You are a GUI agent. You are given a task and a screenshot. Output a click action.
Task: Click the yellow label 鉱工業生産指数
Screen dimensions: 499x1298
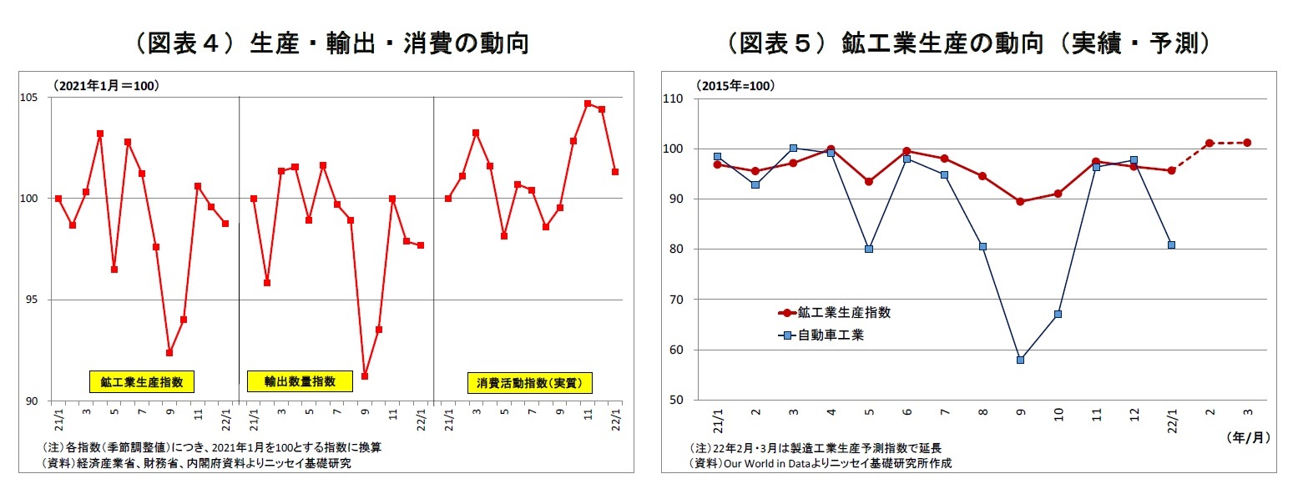pos(141,382)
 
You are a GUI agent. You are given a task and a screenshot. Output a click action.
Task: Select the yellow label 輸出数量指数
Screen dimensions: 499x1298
pos(300,381)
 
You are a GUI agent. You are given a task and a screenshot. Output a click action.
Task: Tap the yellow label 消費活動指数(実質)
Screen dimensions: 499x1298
pos(528,383)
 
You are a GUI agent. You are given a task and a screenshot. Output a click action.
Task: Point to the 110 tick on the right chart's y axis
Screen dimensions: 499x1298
pos(672,98)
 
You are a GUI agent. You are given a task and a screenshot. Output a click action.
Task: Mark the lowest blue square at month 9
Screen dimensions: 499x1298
pos(1020,360)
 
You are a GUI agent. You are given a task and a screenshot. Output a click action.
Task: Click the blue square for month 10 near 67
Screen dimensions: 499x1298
pos(1058,315)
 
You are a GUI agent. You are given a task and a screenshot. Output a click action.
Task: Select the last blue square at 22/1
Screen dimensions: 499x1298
pos(1171,244)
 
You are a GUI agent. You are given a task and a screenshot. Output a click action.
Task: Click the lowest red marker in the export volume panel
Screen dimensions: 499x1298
pos(365,376)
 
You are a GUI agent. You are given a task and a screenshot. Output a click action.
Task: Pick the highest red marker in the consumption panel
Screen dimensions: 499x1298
pos(588,103)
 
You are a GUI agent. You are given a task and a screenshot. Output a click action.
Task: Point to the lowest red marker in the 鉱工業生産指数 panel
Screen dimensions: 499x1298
pos(169,353)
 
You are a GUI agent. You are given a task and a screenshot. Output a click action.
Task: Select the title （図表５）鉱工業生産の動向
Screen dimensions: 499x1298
pos(968,43)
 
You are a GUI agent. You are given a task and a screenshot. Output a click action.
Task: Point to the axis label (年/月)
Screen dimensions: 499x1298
pos(1248,437)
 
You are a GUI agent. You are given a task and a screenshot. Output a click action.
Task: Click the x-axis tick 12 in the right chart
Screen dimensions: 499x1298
pos(1133,414)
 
